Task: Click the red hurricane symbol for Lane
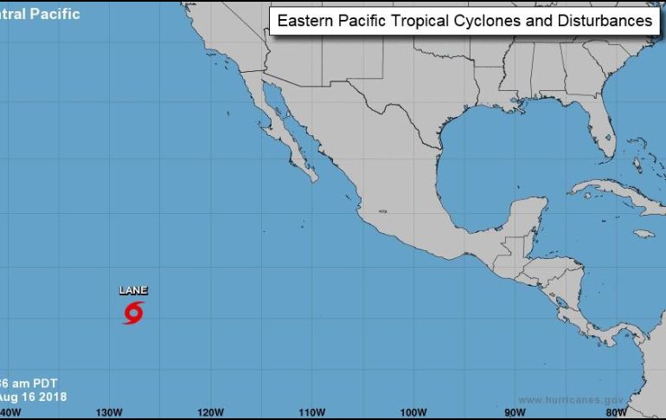point(133,313)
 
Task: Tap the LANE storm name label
point(133,290)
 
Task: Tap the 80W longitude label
point(617,411)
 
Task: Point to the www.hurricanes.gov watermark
point(571,399)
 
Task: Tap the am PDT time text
point(35,383)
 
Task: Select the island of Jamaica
point(642,234)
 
